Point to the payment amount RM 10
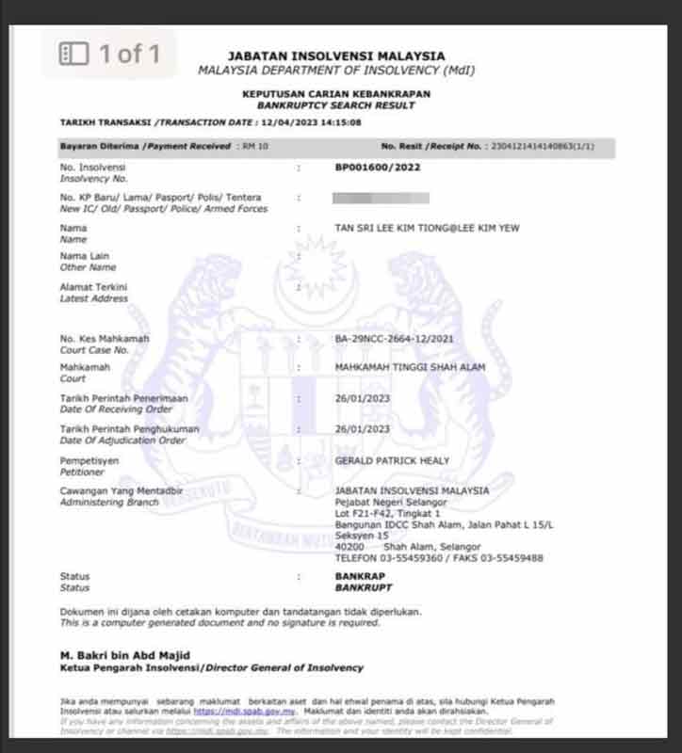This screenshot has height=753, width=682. (255, 147)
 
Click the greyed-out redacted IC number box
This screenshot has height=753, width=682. (382, 198)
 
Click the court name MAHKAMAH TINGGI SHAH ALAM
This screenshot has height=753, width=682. (410, 368)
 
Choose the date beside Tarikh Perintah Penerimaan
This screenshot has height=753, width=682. (363, 398)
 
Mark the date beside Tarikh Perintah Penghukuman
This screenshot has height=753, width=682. (363, 428)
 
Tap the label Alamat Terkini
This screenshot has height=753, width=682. (93, 287)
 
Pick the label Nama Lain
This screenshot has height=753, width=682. (86, 256)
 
